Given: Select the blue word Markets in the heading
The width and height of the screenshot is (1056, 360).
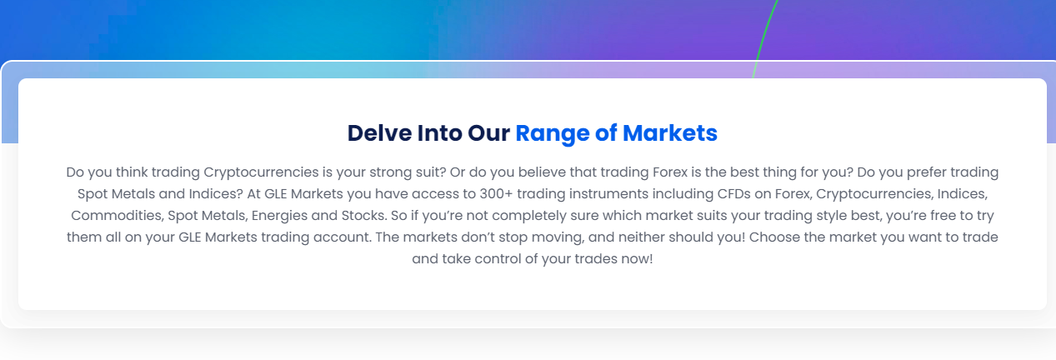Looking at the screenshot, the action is click(670, 132).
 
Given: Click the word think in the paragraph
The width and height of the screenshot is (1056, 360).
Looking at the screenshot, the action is click(132, 172).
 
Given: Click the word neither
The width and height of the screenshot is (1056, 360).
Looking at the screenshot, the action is click(642, 237).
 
